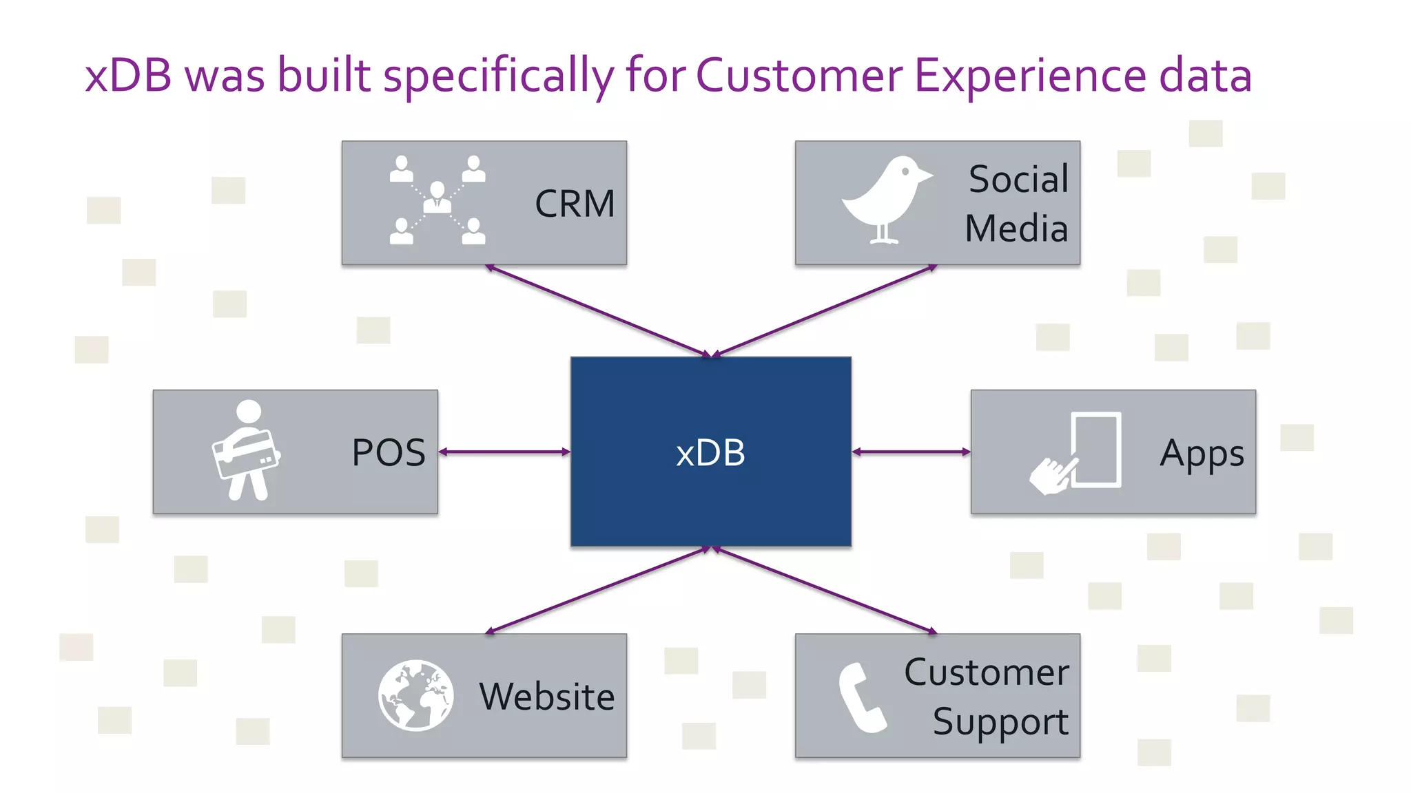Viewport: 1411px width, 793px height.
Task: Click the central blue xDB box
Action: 710,451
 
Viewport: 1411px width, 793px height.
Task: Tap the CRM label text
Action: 575,204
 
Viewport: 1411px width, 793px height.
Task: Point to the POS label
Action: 389,453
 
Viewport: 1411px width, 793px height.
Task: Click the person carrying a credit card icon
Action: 246,450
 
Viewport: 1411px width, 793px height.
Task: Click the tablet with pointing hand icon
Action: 1078,453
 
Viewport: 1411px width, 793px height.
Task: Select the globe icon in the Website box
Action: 415,695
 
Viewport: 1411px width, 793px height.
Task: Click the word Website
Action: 546,697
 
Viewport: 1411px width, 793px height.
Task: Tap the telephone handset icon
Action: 861,697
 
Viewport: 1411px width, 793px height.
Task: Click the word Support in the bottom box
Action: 1000,722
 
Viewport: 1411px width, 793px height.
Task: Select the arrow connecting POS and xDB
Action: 504,452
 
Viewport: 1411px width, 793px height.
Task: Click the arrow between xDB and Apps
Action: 911,452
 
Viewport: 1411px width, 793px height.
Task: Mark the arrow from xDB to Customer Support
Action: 824,589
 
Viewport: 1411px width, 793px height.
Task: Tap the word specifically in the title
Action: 498,76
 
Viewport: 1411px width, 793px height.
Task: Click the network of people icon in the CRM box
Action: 437,200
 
